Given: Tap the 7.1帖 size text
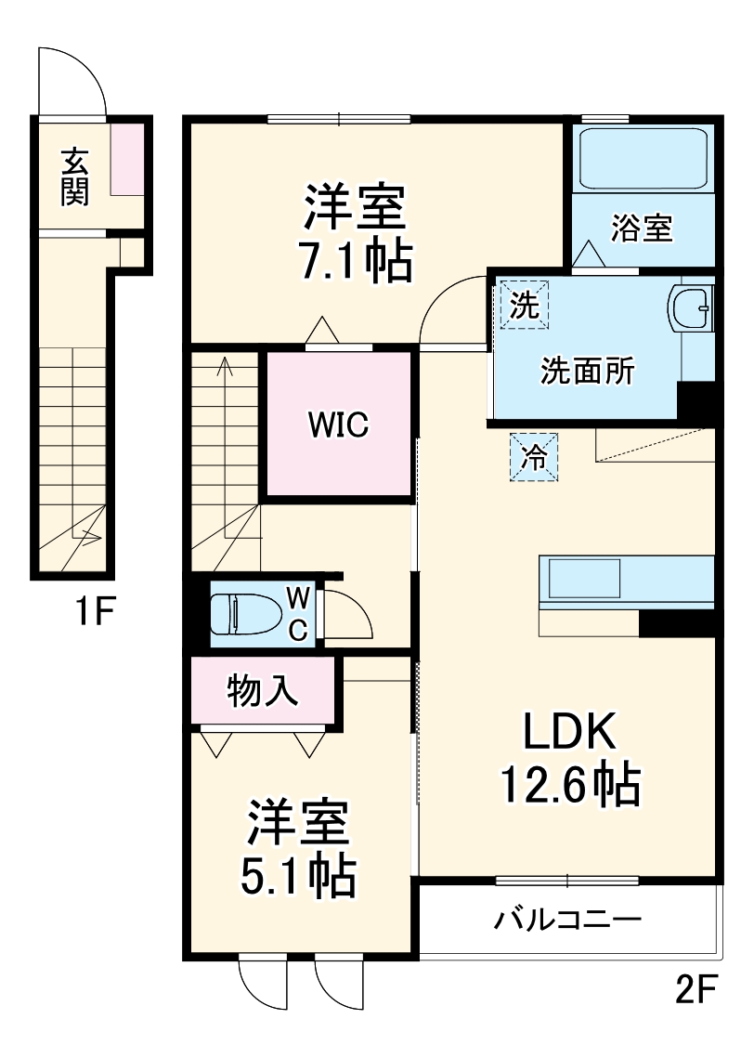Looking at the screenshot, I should tap(354, 263).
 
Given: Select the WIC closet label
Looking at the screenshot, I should tap(339, 425).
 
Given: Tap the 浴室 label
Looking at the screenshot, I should tap(642, 229).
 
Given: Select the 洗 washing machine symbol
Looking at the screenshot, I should tap(526, 306).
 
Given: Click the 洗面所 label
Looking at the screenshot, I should tap(589, 372).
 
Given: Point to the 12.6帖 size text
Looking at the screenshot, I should tap(569, 785).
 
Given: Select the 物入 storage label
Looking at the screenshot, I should tap(263, 691).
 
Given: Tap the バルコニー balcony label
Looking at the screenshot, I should tap(567, 921).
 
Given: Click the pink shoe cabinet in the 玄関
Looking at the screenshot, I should tap(129, 157).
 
